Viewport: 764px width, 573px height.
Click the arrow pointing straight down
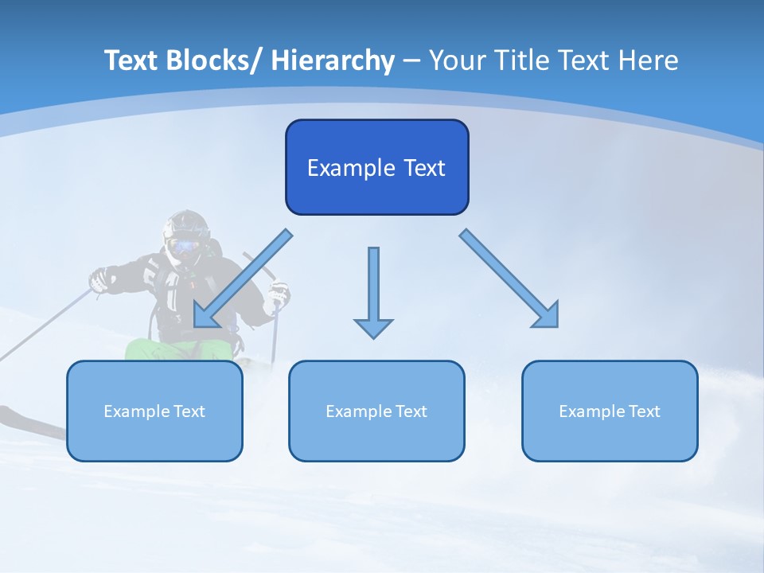[373, 286]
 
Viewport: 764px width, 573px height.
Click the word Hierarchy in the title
[333, 60]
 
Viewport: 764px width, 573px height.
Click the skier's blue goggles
[184, 245]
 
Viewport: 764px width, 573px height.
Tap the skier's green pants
[159, 350]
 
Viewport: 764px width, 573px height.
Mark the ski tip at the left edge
[6, 414]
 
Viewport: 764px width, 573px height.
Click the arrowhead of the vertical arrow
[373, 328]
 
